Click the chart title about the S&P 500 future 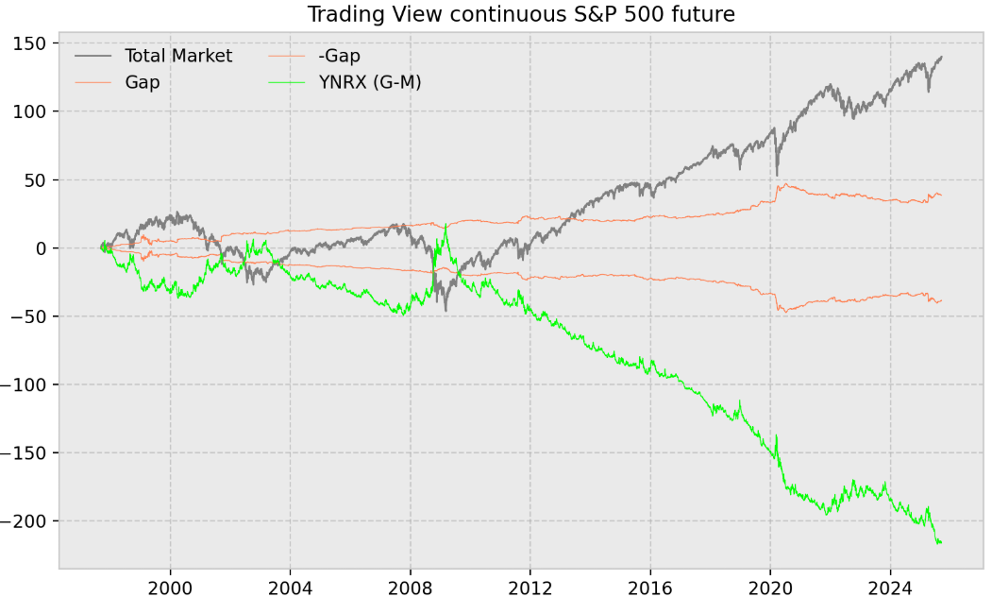tap(521, 14)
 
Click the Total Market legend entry tap(177, 56)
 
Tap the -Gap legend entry tap(339, 56)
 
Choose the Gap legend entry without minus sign tap(142, 82)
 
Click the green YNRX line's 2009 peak tap(445, 225)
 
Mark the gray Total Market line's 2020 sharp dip tap(777, 175)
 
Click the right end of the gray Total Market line tap(941, 57)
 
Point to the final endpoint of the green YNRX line tap(941, 541)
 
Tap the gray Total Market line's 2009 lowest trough tap(446, 310)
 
